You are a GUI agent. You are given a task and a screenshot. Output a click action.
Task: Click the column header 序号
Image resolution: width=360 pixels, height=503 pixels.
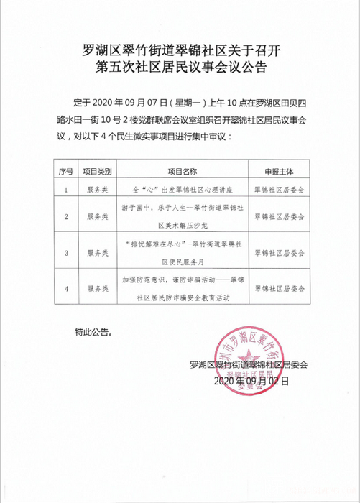[x=66, y=172]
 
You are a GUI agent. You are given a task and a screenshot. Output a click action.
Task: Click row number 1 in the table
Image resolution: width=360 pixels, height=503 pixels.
[x=66, y=190]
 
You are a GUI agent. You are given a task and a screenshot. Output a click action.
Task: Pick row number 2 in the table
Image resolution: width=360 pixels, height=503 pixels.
[x=66, y=216]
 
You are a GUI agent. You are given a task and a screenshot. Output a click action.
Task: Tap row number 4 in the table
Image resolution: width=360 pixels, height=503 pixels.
[x=66, y=288]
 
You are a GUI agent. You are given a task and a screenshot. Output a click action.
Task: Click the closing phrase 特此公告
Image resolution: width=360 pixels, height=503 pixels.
[x=93, y=332]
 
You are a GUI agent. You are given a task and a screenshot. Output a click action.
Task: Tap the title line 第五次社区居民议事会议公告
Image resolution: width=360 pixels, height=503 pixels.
[x=180, y=69]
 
